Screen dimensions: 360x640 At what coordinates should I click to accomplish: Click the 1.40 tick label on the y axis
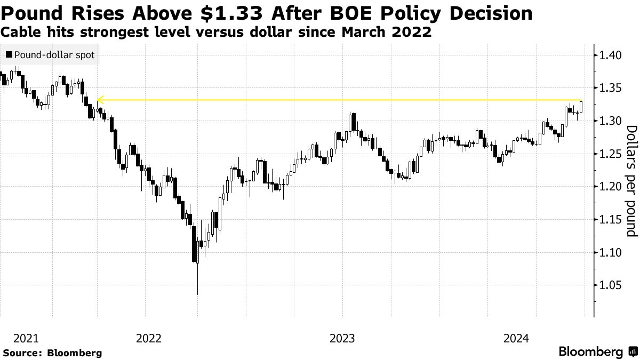tap(611, 55)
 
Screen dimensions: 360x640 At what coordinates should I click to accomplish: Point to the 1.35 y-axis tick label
tap(611, 88)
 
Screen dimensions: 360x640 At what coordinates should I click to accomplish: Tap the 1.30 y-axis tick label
tap(611, 121)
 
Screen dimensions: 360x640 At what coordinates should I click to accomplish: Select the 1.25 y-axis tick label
tap(611, 154)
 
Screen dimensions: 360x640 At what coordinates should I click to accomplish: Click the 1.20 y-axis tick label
tap(611, 187)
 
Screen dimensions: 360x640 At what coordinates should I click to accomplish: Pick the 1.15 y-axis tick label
tap(611, 220)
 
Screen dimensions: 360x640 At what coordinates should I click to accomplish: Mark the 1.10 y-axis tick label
tap(611, 253)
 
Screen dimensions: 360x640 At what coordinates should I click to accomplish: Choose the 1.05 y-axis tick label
tap(611, 286)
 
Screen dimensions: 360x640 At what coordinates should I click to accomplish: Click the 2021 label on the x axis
tap(26, 338)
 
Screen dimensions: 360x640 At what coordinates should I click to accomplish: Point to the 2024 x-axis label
tap(516, 338)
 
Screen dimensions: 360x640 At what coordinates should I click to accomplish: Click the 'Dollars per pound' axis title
tap(631, 181)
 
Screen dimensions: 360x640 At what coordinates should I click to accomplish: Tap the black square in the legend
tap(9, 55)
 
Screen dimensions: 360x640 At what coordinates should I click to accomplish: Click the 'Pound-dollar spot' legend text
tap(54, 55)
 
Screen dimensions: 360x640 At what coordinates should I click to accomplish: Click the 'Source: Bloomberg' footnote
tap(52, 353)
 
